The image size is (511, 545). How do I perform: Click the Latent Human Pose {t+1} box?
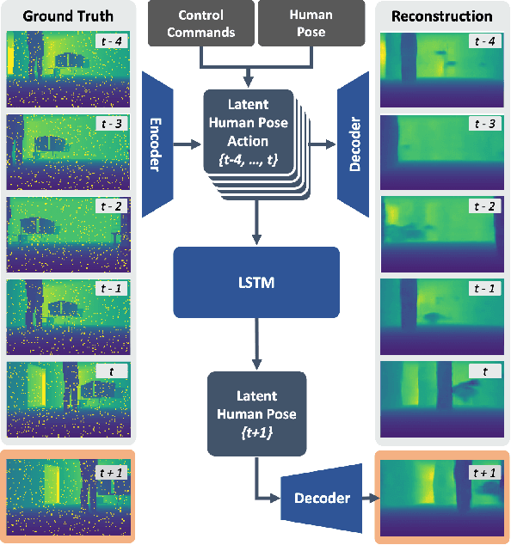[x=255, y=413]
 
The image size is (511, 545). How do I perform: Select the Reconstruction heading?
[x=441, y=15]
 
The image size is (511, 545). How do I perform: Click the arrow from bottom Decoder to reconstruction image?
[x=365, y=498]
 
